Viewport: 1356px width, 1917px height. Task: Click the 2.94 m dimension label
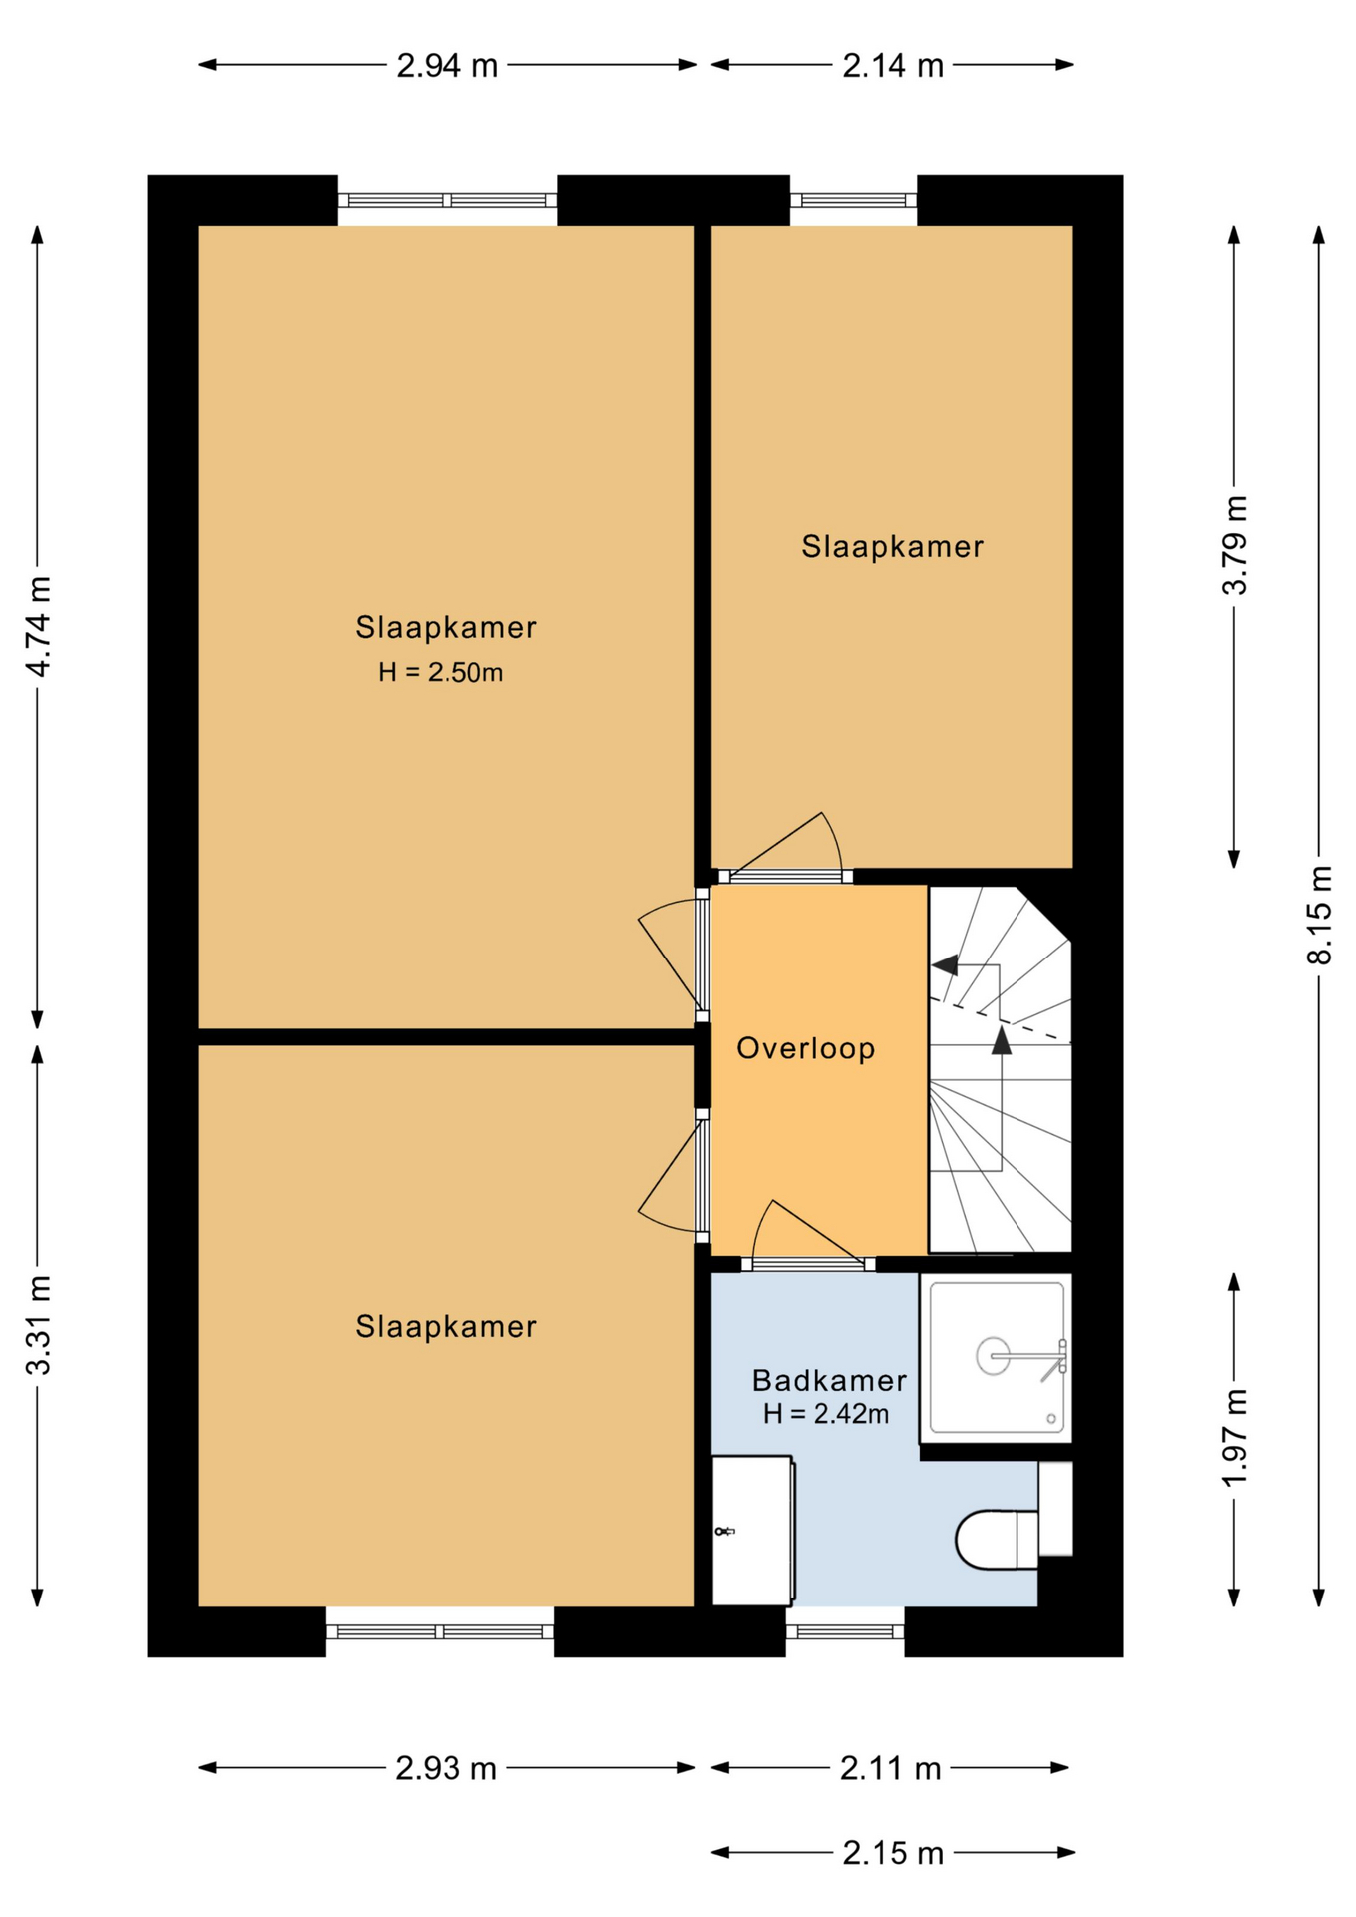pos(447,66)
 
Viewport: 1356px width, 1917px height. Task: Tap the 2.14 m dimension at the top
pos(893,66)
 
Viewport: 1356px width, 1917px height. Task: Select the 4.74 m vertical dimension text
pos(38,627)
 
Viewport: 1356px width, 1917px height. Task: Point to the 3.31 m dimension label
pos(38,1325)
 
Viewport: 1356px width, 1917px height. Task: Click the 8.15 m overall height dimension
pos(1319,915)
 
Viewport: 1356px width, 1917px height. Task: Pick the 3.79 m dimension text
pos(1235,545)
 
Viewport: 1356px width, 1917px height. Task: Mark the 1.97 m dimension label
pos(1235,1438)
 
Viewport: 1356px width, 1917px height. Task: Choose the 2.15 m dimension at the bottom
pos(893,1853)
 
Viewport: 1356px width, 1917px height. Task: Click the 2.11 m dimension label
pos(890,1768)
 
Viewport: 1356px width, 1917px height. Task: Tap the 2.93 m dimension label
pos(446,1768)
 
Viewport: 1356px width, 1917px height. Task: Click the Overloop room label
pos(806,1048)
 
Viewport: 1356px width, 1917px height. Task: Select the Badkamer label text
pos(829,1380)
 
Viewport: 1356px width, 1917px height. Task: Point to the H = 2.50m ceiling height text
pos(440,672)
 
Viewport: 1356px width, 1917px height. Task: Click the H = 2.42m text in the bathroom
pos(826,1413)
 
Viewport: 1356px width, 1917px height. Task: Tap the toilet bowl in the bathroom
pos(987,1539)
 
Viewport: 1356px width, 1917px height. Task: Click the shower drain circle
pos(993,1356)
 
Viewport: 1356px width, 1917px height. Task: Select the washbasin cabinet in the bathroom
pos(753,1530)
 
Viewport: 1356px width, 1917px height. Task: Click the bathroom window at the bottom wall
pos(845,1631)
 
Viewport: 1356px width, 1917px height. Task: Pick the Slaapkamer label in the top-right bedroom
pos(893,546)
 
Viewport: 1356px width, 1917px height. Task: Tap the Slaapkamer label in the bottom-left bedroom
pos(446,1326)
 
